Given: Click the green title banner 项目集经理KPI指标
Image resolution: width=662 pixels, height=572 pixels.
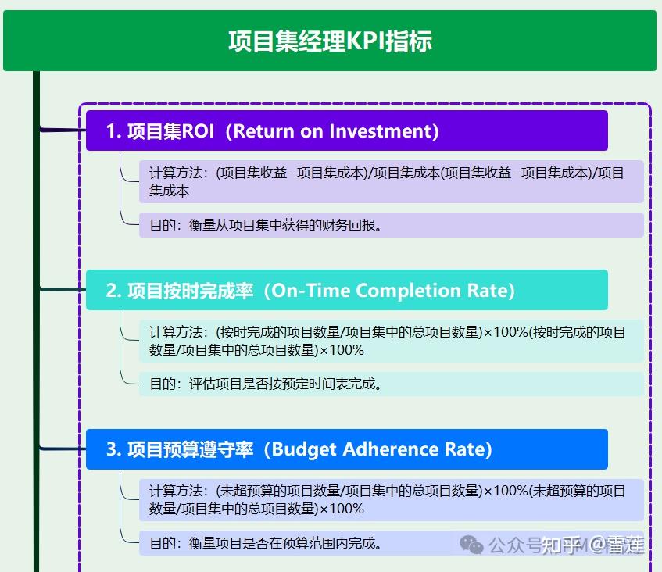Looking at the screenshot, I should point(330,41).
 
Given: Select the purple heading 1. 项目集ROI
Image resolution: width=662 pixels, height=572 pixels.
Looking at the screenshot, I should point(346,130).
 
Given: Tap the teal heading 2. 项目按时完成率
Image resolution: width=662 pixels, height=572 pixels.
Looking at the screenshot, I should point(346,290).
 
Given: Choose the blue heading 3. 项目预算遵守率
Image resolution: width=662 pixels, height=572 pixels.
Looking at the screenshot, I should point(346,449).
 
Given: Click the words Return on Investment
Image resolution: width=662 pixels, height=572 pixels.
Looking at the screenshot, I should point(331,130).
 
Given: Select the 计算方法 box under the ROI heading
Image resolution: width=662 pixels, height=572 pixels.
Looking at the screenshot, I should point(391,181).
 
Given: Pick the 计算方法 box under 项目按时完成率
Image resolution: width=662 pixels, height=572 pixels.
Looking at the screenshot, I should point(391,341).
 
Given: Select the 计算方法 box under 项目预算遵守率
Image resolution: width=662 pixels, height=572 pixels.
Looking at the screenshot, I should point(391,500).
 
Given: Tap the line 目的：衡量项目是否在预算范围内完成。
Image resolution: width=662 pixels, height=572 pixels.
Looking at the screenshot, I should point(266,543).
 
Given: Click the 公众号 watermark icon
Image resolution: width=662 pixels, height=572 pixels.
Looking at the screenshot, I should point(471,545).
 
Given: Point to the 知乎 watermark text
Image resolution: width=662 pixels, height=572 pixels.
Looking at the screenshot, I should point(559,545).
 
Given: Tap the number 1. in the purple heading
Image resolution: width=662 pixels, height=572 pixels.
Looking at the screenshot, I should point(113,131).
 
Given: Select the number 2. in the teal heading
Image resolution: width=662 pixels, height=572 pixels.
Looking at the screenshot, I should point(113,291).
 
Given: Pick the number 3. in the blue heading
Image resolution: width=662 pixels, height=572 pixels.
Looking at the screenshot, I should point(113,450).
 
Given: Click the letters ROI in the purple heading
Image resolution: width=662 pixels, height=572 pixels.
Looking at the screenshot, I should point(198,131).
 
